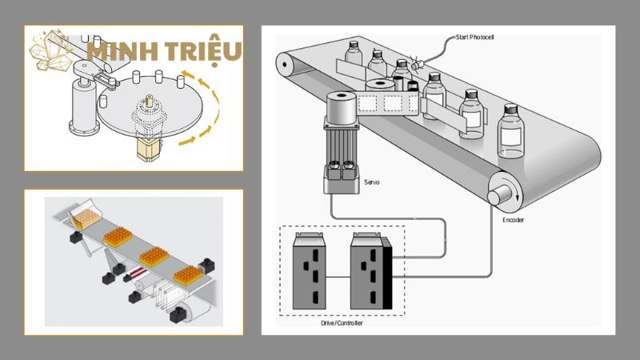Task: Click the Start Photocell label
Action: (x=474, y=37)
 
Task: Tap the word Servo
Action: (x=371, y=182)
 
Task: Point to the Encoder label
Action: (x=513, y=220)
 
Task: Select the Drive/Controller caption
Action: (x=342, y=323)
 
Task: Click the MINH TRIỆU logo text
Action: (x=164, y=52)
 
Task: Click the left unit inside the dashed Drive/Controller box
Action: (x=309, y=271)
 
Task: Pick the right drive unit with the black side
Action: (x=371, y=271)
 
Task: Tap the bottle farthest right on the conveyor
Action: (x=510, y=131)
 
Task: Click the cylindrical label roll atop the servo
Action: (x=342, y=107)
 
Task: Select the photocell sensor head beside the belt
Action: (x=416, y=65)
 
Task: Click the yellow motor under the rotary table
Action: (x=149, y=149)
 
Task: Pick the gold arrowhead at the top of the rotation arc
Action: (x=187, y=74)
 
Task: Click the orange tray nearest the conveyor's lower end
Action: (x=188, y=275)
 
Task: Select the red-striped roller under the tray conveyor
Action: (x=136, y=273)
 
